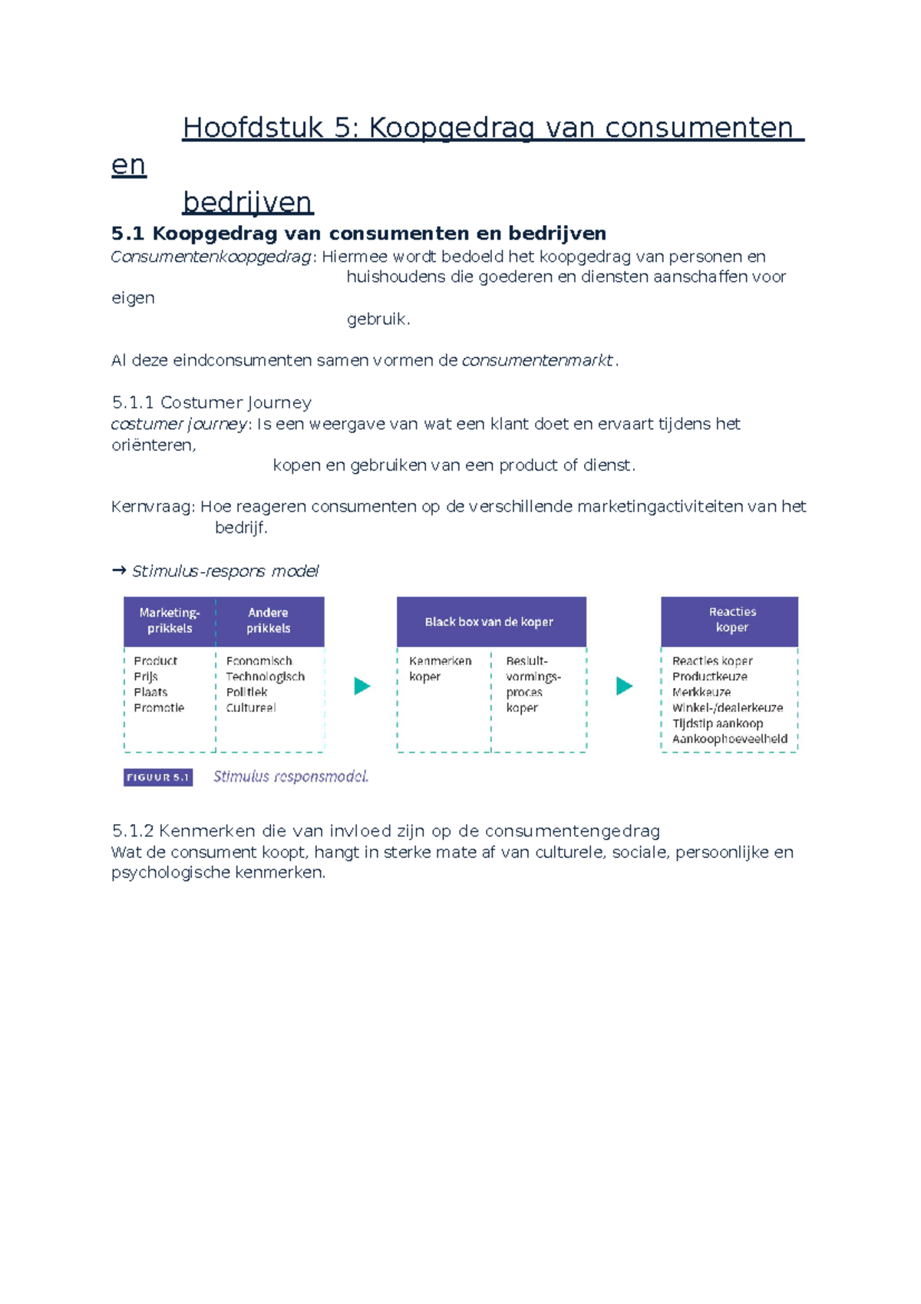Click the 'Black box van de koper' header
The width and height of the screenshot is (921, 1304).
[x=490, y=621]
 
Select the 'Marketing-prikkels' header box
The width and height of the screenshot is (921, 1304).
[x=170, y=621]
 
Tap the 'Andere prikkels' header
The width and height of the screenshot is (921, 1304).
[x=269, y=621]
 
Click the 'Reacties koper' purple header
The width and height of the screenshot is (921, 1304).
[x=731, y=620]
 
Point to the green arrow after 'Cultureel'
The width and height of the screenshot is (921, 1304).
[x=362, y=686]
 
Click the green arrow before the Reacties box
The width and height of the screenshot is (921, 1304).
[x=625, y=686]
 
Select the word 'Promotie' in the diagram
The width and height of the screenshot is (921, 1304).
[x=159, y=708]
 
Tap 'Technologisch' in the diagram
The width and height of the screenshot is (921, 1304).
[x=265, y=677]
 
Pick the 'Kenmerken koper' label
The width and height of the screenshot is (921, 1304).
[x=440, y=668]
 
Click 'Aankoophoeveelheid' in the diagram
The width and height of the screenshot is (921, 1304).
[x=729, y=739]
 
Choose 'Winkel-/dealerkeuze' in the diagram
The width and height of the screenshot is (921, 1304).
[x=727, y=708]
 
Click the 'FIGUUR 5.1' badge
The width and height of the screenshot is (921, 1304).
[x=158, y=777]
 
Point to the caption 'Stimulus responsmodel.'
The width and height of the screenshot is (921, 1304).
[x=291, y=776]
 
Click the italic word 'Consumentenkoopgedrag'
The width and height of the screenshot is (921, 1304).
[x=211, y=256]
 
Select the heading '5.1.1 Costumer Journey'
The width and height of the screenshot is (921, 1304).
[x=211, y=402]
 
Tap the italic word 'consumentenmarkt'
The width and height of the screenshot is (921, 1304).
[x=537, y=360]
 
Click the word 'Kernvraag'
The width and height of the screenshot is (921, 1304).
[x=153, y=506]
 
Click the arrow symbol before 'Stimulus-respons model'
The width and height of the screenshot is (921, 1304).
[x=119, y=571]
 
